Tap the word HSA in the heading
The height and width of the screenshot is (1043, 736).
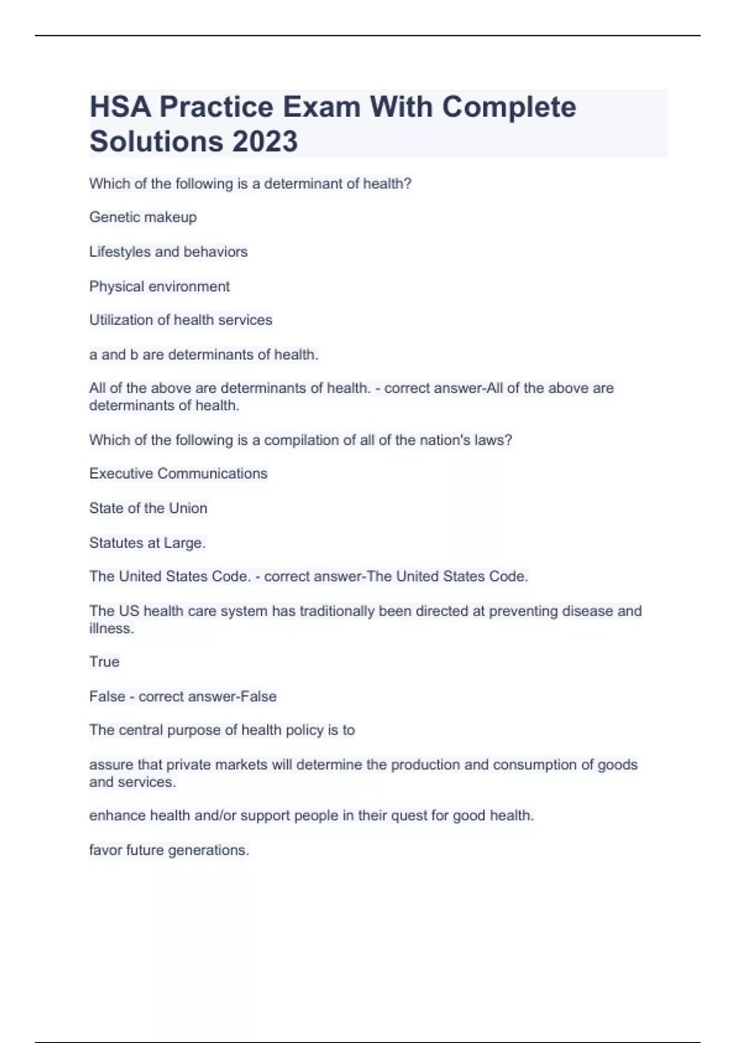(x=120, y=107)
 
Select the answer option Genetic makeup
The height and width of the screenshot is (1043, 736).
(x=143, y=217)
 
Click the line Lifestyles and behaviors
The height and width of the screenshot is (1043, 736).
(x=168, y=252)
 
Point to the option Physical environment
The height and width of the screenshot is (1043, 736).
(x=159, y=287)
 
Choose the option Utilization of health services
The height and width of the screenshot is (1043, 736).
(x=180, y=320)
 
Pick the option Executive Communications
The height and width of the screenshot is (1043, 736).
(x=178, y=474)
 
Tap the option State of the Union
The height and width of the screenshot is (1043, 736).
(x=148, y=508)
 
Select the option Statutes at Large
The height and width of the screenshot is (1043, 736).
(x=147, y=543)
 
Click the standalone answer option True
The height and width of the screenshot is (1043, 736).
(x=104, y=662)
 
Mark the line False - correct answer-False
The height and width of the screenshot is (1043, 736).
(x=183, y=696)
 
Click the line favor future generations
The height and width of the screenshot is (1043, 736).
(x=169, y=850)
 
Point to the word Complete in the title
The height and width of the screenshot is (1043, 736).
(x=508, y=107)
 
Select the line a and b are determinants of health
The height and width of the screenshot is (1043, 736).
(x=204, y=355)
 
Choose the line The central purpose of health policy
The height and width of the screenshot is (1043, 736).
(x=222, y=730)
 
